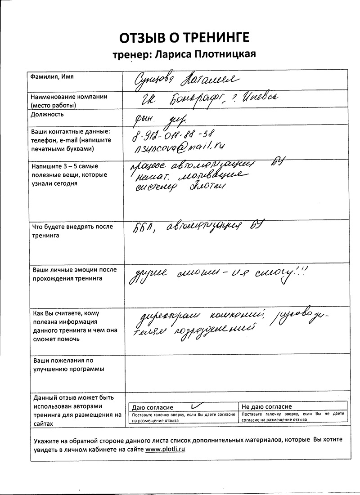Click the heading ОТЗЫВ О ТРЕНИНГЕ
(184, 37)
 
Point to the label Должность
(47, 114)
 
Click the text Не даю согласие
(267, 407)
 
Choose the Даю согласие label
(153, 407)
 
